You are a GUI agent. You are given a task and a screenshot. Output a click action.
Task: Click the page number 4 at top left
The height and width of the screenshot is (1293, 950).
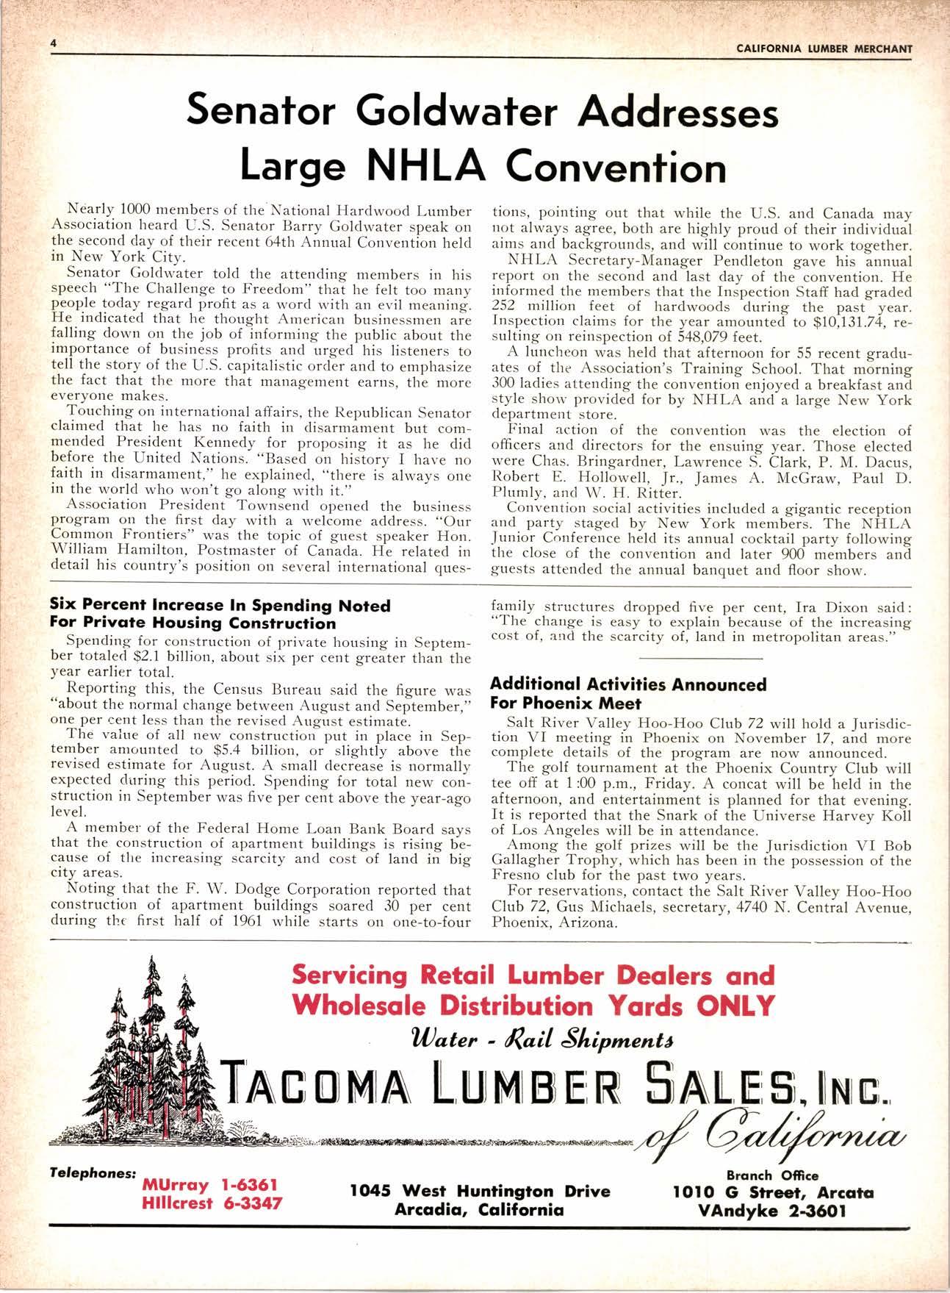pos(53,43)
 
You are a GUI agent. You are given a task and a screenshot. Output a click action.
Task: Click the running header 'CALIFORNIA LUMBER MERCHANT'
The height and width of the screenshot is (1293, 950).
pos(823,49)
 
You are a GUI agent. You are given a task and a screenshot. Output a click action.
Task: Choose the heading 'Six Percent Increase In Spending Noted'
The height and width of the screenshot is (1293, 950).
pos(220,606)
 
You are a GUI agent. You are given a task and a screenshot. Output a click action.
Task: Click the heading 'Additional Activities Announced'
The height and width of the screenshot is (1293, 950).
pos(628,685)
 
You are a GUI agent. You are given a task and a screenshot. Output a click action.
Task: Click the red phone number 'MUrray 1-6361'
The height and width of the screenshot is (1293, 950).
pos(209,1186)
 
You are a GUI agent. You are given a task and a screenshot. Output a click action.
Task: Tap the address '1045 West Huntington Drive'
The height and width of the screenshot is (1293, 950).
pos(480,1192)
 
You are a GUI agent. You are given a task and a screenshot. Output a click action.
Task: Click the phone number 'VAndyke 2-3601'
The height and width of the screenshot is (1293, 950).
pos(773,1210)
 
